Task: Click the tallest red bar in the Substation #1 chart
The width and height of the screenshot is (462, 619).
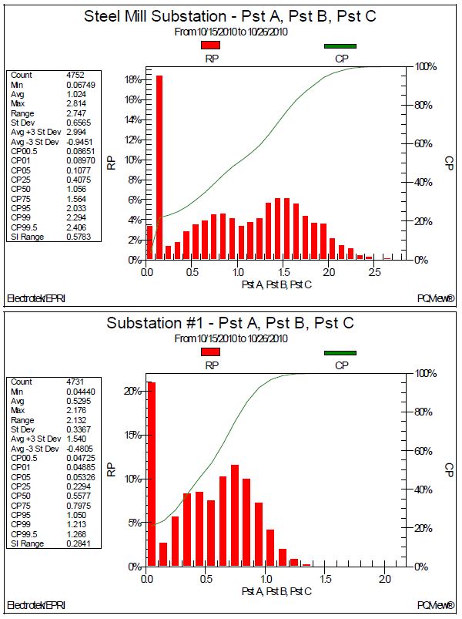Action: click(x=151, y=473)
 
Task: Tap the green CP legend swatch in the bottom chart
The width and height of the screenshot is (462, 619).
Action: click(x=340, y=353)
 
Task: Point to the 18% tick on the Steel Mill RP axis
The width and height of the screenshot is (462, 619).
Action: click(x=132, y=79)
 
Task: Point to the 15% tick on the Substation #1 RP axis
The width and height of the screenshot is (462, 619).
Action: click(x=132, y=435)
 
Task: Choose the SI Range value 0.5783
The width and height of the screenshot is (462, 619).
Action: click(x=80, y=236)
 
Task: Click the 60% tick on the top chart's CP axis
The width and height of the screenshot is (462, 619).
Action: click(x=426, y=144)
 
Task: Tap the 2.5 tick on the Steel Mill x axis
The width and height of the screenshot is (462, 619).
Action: click(x=374, y=272)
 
